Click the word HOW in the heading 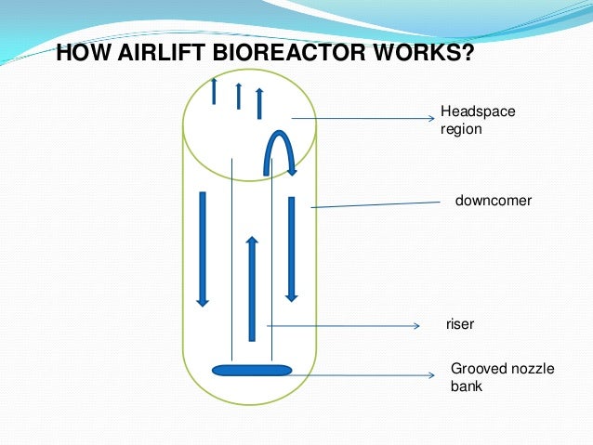click(77, 52)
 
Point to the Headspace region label click(477, 121)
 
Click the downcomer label click(493, 201)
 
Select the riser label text click(460, 325)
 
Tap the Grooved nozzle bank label click(502, 377)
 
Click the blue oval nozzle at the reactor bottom click(252, 371)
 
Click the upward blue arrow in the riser click(251, 288)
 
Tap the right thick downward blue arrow click(291, 248)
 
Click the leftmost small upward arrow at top click(215, 90)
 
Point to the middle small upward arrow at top click(239, 95)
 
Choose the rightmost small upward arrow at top click(259, 102)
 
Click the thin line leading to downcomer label click(372, 203)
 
